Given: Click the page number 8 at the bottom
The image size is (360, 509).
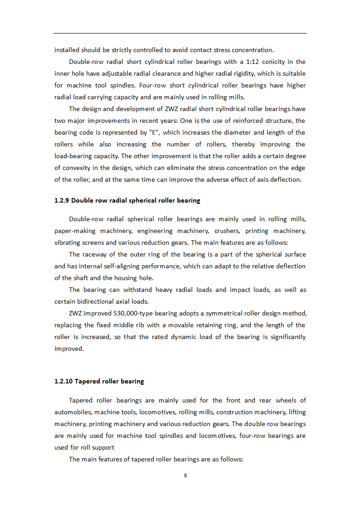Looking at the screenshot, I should point(185,475).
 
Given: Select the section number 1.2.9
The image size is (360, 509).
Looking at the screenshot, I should point(62,200).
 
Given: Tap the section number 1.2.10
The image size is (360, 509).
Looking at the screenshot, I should point(63,381).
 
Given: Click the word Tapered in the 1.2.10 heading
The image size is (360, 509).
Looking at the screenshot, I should point(88,381).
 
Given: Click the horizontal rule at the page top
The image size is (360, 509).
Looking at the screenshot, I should point(180,33).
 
